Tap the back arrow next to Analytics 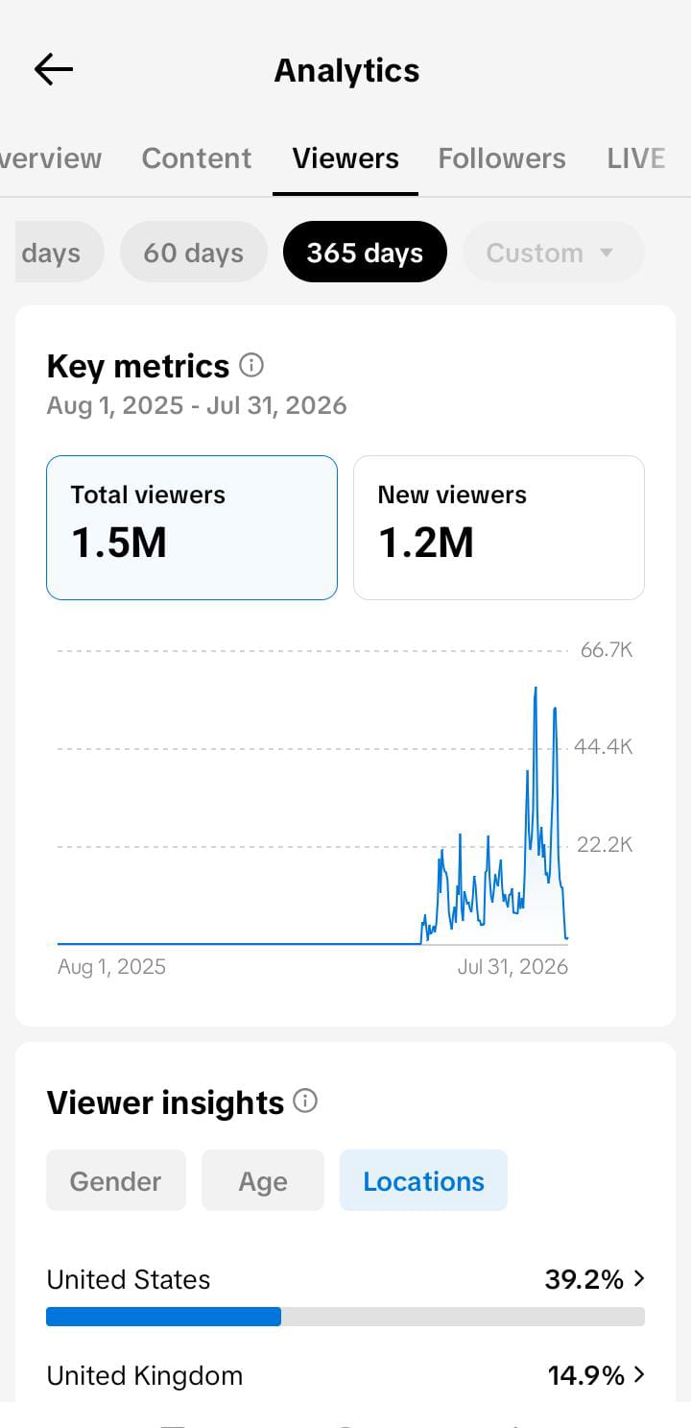click(x=54, y=69)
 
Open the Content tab click(x=196, y=158)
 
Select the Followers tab click(x=502, y=158)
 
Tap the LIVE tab click(x=635, y=158)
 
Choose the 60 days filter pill click(x=194, y=252)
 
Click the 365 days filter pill click(x=365, y=252)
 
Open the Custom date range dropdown click(x=554, y=252)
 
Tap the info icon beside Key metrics click(x=251, y=365)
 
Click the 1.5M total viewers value click(x=119, y=543)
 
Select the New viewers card click(x=499, y=527)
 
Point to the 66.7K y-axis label click(x=607, y=649)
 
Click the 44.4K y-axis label click(x=603, y=746)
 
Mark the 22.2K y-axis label click(x=605, y=844)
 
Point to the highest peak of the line click(x=536, y=688)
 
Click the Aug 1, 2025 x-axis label click(x=111, y=966)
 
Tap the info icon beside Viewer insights click(x=305, y=1101)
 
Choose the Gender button click(x=116, y=1180)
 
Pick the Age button click(x=263, y=1180)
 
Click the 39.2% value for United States click(x=584, y=1279)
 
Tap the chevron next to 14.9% click(x=639, y=1374)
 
